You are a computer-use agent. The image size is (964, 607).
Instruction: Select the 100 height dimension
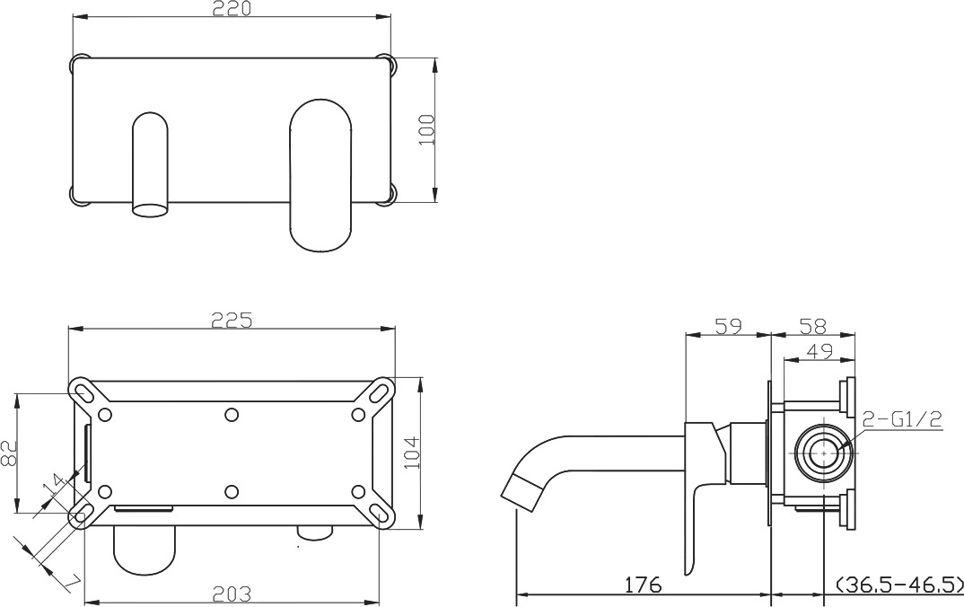426,129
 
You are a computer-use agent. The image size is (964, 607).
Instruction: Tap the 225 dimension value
232,320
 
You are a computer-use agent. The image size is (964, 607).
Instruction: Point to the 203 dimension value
232,594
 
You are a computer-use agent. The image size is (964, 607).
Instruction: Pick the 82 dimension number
8,453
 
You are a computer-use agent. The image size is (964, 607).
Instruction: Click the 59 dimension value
729,325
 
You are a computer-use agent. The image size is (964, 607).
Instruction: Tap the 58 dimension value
813,325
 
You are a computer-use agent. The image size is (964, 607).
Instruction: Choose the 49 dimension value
819,351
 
